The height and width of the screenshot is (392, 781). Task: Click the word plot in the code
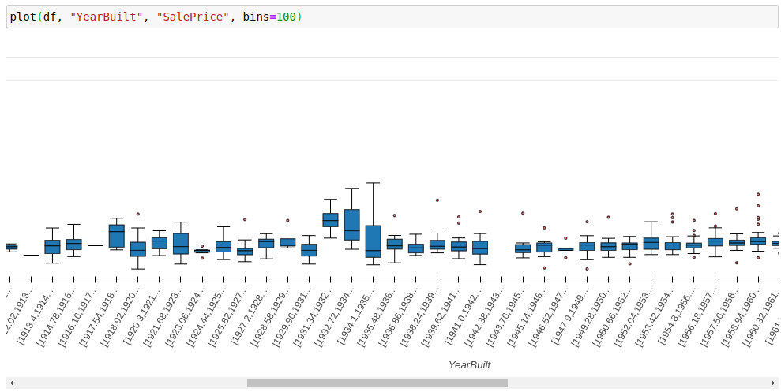pyautogui.click(x=23, y=17)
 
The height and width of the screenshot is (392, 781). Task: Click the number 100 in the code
pyautogui.click(x=286, y=17)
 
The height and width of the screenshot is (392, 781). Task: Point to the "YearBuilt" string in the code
pyautogui.click(x=106, y=17)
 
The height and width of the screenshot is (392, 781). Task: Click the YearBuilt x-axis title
pyautogui.click(x=469, y=364)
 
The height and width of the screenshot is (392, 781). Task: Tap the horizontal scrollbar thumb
pyautogui.click(x=377, y=383)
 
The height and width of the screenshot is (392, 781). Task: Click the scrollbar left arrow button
pyautogui.click(x=11, y=383)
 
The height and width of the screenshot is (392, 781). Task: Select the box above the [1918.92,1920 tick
pyautogui.click(x=116, y=236)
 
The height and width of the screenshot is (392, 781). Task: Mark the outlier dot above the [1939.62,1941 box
pyautogui.click(x=437, y=200)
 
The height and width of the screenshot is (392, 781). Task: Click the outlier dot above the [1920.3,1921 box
pyautogui.click(x=137, y=214)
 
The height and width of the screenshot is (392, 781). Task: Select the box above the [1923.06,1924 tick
pyautogui.click(x=181, y=243)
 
